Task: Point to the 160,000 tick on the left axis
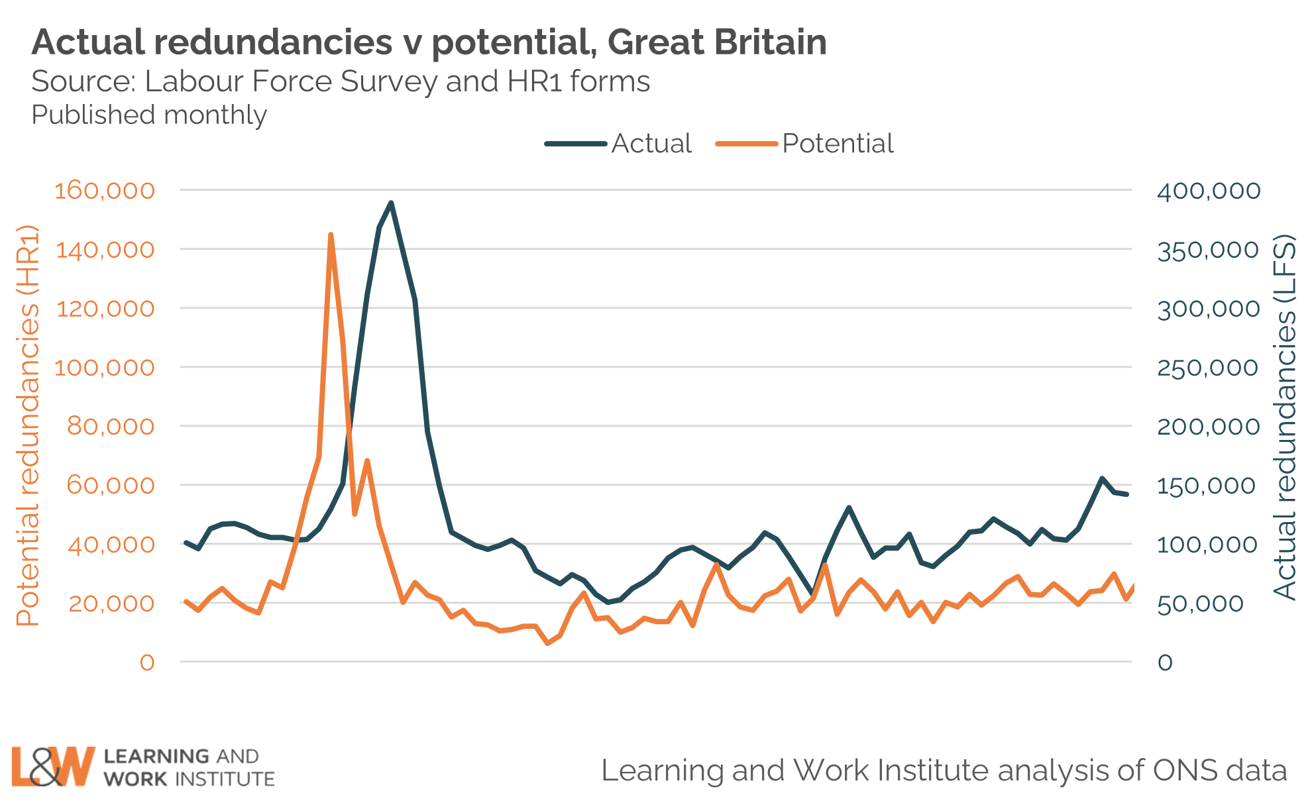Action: point(105,191)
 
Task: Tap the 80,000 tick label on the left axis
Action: point(111,426)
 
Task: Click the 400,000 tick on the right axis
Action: point(1209,191)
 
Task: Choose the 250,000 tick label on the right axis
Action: point(1207,368)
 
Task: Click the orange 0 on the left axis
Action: point(147,662)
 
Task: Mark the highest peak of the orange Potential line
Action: point(331,235)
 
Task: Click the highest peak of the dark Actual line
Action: point(391,203)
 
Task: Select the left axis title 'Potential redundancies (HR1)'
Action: point(28,425)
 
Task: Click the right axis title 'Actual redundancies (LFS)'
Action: point(1284,417)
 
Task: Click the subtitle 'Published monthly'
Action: point(149,115)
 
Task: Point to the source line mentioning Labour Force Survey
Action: point(341,81)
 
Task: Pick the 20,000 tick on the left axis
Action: point(111,604)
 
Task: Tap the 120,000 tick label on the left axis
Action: point(105,309)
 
